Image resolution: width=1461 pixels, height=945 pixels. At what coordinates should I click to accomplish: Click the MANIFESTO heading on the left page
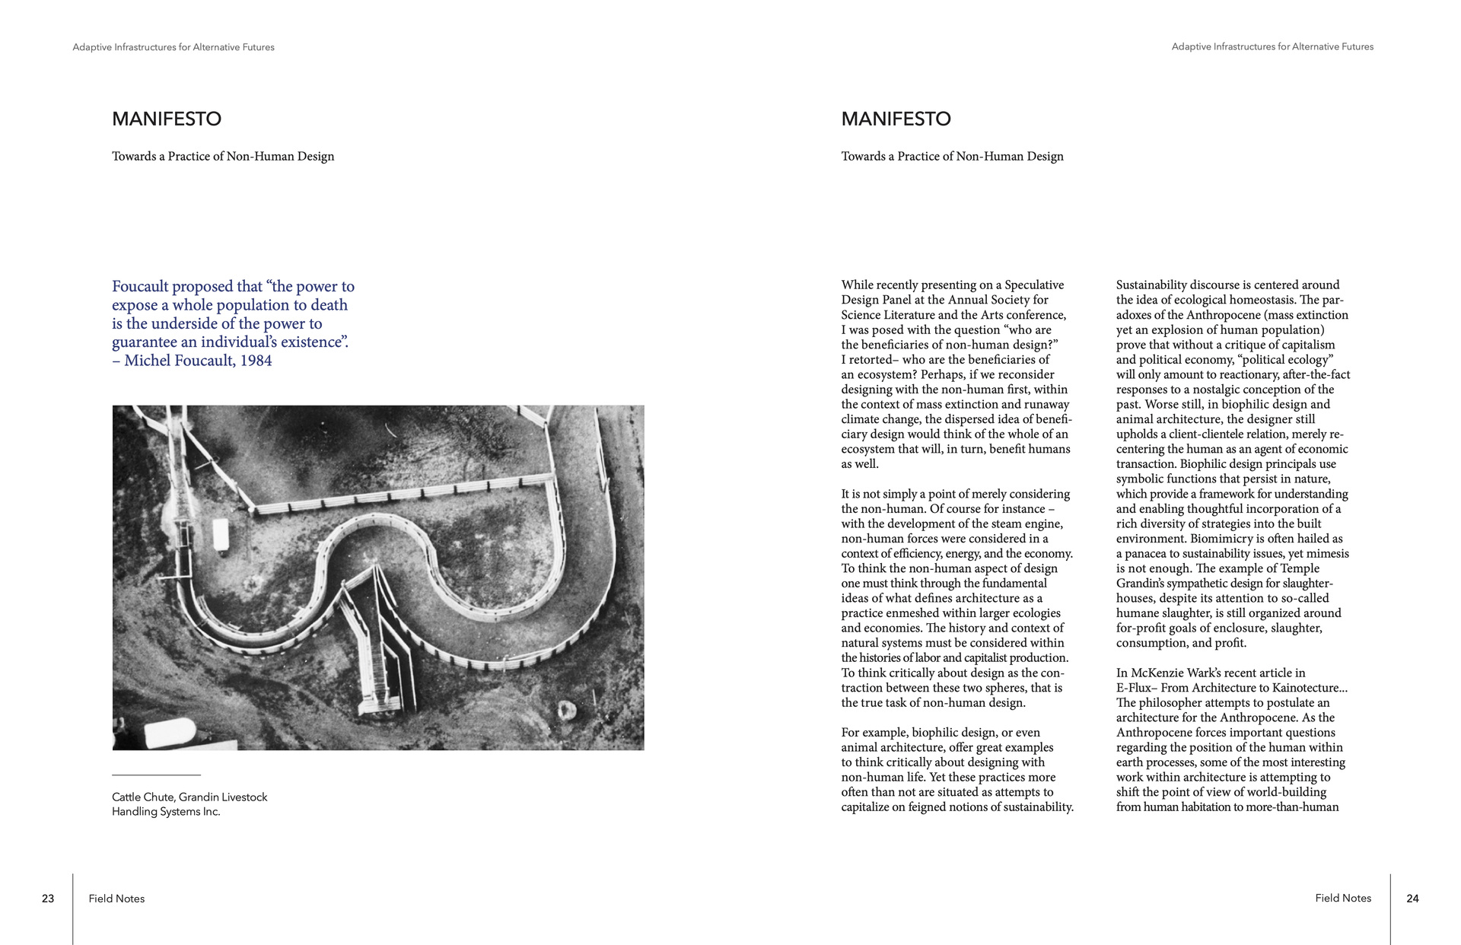(167, 119)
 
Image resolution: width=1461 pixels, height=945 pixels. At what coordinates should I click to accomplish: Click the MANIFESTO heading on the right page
(896, 119)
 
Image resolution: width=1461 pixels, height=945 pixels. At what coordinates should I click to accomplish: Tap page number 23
(48, 899)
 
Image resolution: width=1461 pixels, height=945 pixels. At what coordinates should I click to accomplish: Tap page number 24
(1412, 899)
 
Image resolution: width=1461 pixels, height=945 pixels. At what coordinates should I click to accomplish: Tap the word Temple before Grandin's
(1299, 568)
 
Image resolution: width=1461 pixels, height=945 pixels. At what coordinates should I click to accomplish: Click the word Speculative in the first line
(1034, 285)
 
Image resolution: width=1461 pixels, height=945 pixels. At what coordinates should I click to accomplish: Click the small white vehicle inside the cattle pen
(221, 535)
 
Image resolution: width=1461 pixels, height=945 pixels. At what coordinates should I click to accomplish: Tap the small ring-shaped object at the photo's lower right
(567, 711)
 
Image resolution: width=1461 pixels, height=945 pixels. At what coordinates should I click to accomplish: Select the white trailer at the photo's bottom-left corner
(169, 732)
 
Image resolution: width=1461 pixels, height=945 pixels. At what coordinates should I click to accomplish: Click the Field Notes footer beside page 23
(116, 899)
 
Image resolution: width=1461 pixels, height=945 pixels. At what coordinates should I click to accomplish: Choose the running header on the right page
(1272, 47)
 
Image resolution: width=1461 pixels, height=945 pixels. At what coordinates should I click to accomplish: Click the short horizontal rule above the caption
(156, 775)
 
